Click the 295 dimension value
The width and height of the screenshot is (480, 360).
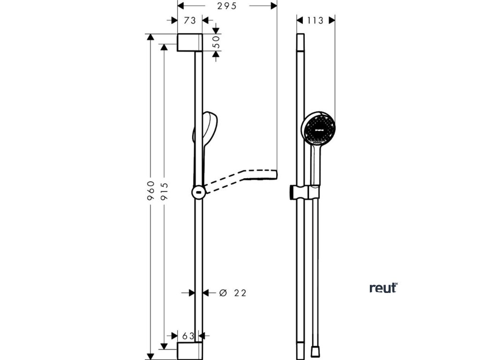point(227,6)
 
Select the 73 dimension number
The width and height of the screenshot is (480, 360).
point(189,21)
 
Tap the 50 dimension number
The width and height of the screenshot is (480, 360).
point(217,43)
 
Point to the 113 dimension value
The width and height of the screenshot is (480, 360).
point(316,21)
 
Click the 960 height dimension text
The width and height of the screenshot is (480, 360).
point(150,191)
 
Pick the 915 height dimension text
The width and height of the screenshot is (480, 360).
point(164,191)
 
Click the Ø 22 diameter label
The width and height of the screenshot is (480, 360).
point(232,293)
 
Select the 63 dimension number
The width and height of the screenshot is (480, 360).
point(188,336)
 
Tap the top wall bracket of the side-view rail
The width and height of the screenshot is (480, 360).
point(190,42)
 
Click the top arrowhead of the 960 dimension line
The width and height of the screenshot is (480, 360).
point(150,37)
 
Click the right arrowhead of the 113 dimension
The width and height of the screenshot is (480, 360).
point(332,21)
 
